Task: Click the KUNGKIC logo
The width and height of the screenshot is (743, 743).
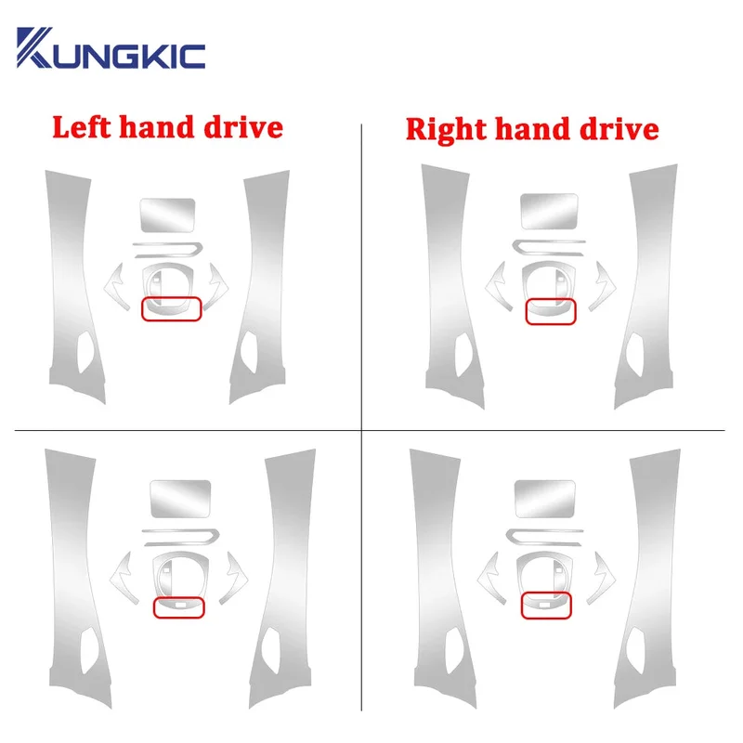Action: pos(111,48)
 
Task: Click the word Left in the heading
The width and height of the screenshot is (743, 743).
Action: pos(82,127)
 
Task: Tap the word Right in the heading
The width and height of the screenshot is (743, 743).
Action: pos(446,129)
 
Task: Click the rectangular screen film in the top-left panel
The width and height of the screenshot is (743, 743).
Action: pos(168,215)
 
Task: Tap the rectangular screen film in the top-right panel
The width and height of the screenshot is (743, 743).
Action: pos(549,211)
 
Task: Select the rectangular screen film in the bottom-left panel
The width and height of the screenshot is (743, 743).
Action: pos(180,499)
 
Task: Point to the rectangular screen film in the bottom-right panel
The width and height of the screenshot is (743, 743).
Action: pos(545,499)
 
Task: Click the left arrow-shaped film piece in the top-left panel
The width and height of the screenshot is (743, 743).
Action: pos(116,287)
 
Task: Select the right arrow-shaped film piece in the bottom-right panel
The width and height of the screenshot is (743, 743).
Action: pos(601,578)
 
